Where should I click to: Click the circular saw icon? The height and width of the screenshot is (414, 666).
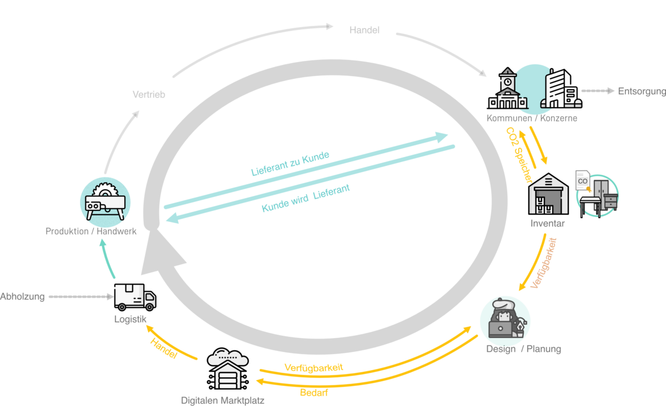point(105,201)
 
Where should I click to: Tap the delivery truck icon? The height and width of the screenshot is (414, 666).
point(135,297)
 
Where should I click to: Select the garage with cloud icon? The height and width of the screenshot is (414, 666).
point(227,369)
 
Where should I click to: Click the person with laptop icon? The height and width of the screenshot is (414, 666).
point(504,321)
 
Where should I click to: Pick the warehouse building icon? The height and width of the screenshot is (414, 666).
point(549,194)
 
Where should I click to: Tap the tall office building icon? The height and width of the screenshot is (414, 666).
point(559,89)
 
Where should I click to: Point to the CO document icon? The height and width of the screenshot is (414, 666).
point(583,181)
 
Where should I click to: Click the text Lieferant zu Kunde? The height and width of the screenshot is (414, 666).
point(290,163)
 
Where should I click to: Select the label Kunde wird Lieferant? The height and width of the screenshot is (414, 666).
point(306,198)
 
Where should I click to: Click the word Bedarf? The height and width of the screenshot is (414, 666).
point(314,392)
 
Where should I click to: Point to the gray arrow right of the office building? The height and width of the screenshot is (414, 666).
point(598,91)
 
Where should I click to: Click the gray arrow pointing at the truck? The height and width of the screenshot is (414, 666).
point(81,297)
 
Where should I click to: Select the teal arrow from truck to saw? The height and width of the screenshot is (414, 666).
point(108,258)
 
